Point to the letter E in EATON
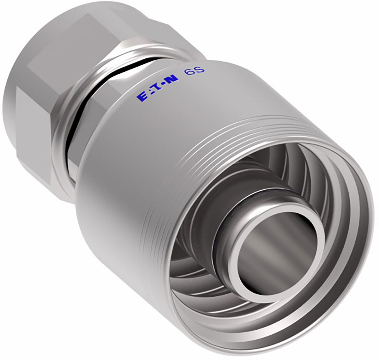point(141,97)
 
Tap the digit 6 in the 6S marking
point(188,74)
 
